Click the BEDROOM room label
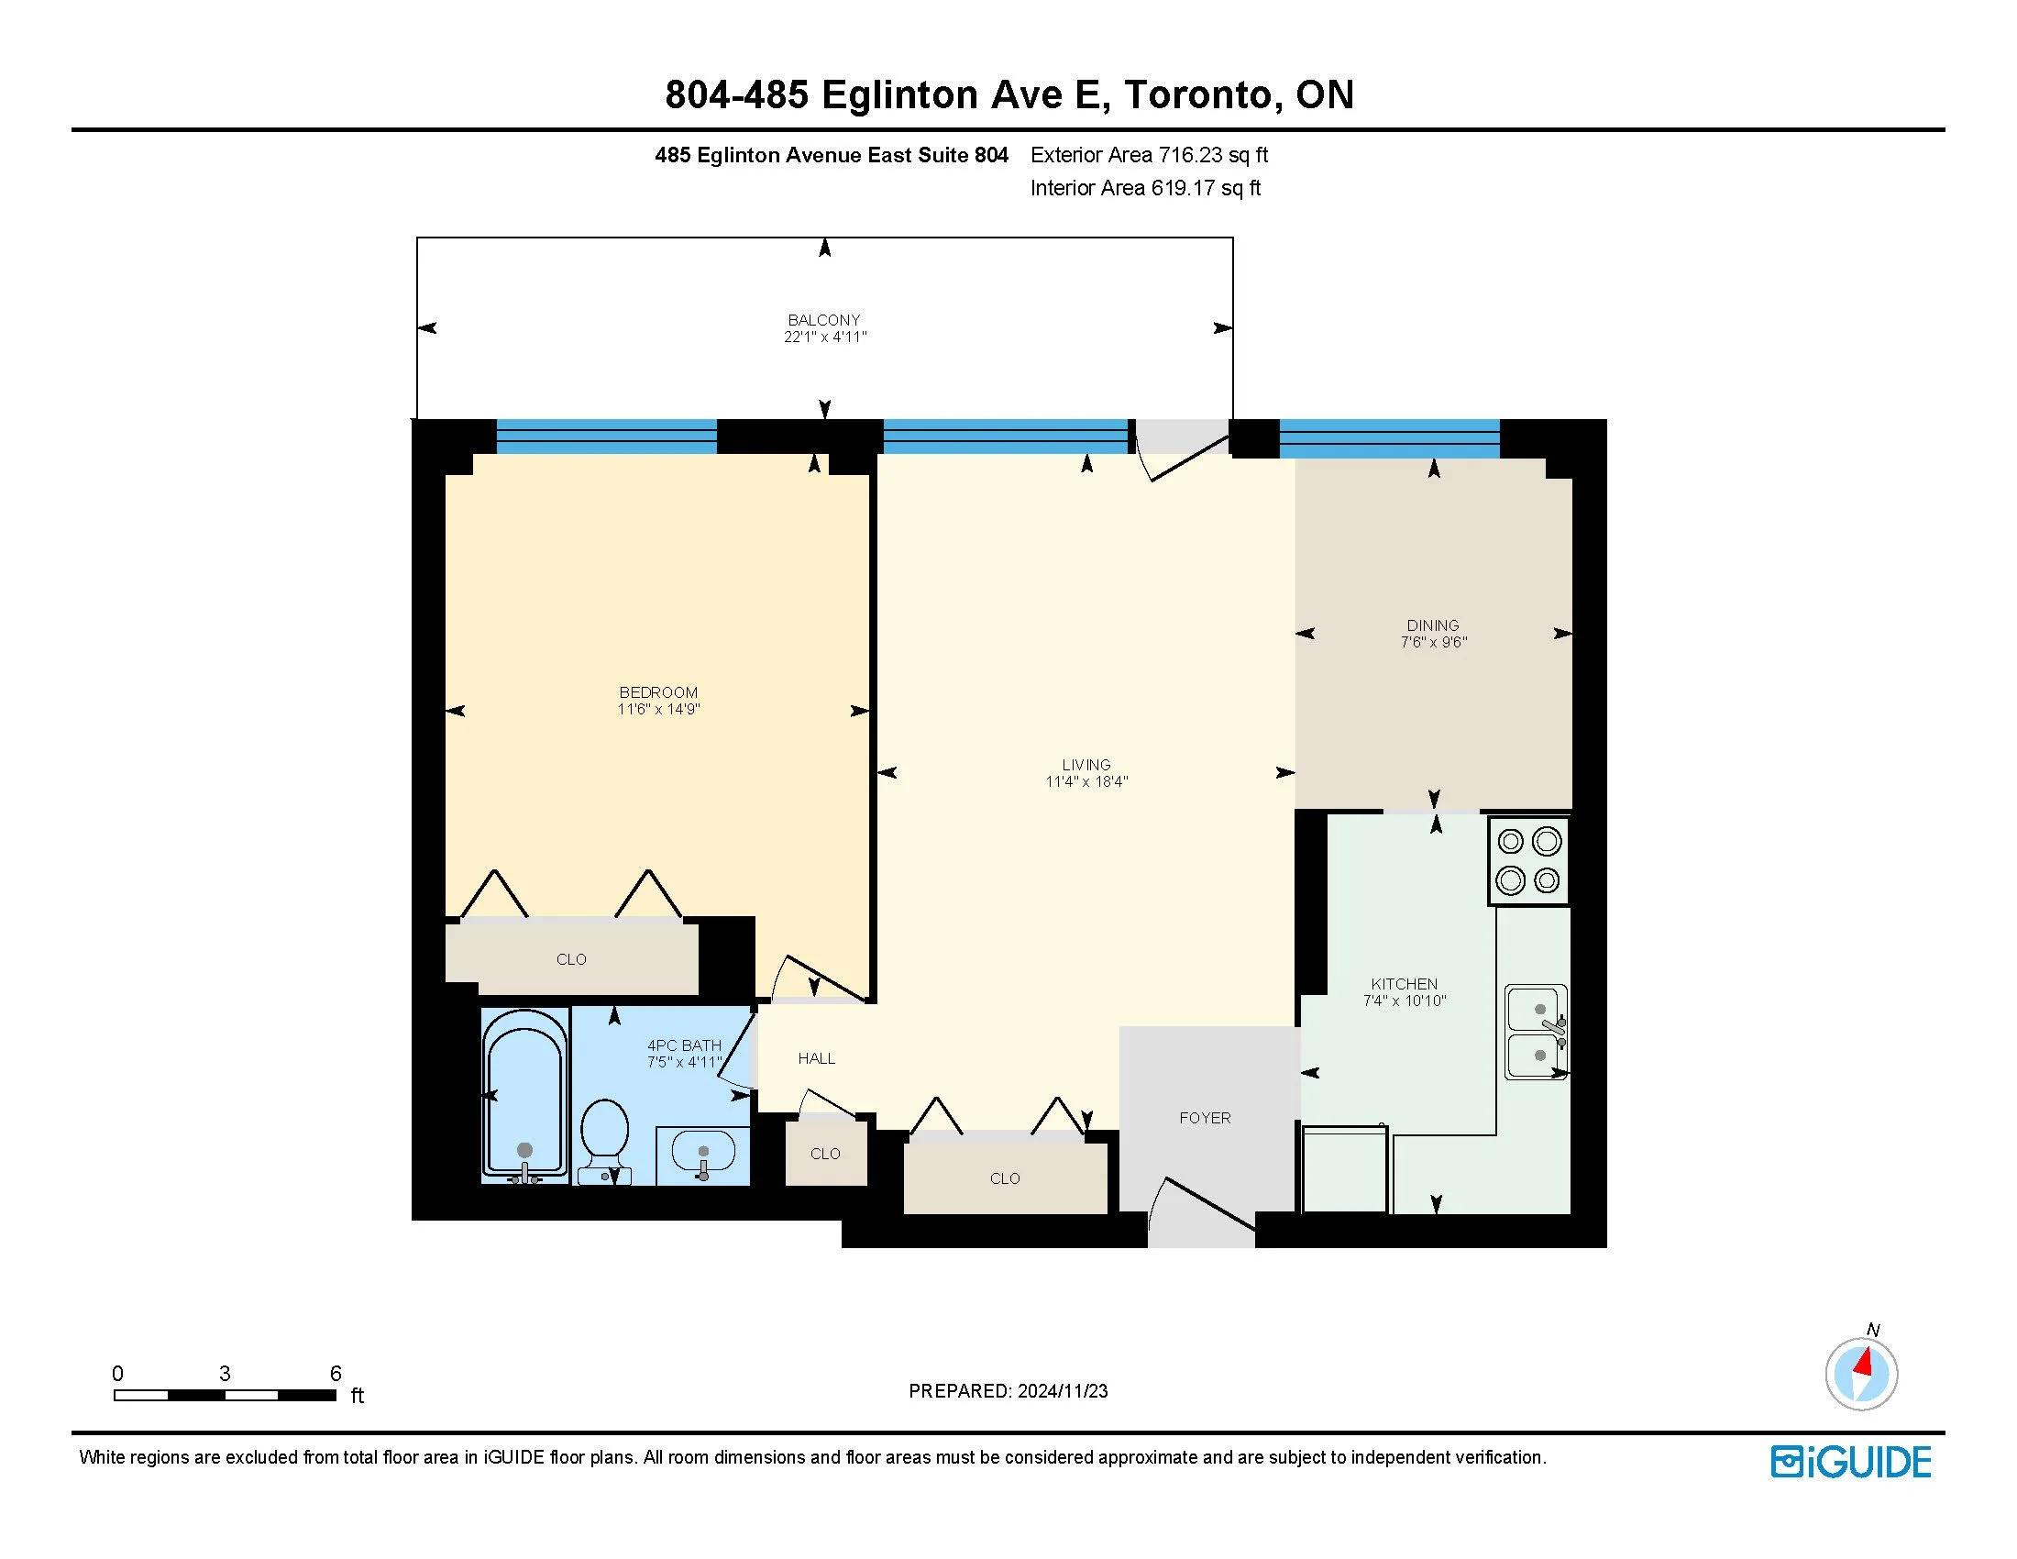click(658, 692)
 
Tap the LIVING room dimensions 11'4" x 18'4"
click(1086, 781)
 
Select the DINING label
click(1433, 625)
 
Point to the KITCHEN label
click(1404, 984)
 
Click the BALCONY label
click(824, 320)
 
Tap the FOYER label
click(1206, 1118)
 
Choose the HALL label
click(816, 1058)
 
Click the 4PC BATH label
click(683, 1045)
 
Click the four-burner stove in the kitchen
click(1528, 861)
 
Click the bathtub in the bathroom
click(524, 1096)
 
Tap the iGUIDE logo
click(1851, 1462)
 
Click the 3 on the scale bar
click(225, 1374)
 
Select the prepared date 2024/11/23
click(1062, 1391)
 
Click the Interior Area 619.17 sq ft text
click(1145, 188)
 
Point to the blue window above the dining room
click(1389, 437)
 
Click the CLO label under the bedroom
click(572, 959)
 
